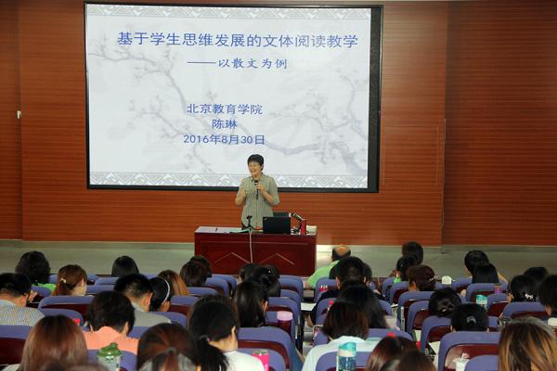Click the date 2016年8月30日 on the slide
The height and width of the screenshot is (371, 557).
pyautogui.click(x=224, y=139)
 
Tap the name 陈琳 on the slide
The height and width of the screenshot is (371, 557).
pyautogui.click(x=225, y=124)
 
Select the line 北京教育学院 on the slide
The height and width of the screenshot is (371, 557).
pyautogui.click(x=225, y=109)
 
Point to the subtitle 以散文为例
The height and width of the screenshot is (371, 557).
pyautogui.click(x=253, y=64)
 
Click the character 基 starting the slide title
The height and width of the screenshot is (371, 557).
pyautogui.click(x=125, y=39)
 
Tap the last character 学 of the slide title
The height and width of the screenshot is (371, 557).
pyautogui.click(x=350, y=41)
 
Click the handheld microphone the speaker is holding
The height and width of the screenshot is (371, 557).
pyautogui.click(x=256, y=188)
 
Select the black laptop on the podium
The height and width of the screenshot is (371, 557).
pyautogui.click(x=277, y=225)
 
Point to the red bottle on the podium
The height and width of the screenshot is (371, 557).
pyautogui.click(x=303, y=227)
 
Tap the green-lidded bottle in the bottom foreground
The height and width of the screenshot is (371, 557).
pyautogui.click(x=110, y=357)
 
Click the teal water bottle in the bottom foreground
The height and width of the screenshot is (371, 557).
pyautogui.click(x=346, y=356)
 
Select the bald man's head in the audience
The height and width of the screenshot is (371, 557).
pyautogui.click(x=341, y=253)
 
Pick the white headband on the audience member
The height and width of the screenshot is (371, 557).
pyautogui.click(x=166, y=290)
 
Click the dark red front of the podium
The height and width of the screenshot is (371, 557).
pyautogui.click(x=255, y=253)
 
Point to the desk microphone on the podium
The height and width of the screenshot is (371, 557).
pyautogui.click(x=297, y=216)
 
